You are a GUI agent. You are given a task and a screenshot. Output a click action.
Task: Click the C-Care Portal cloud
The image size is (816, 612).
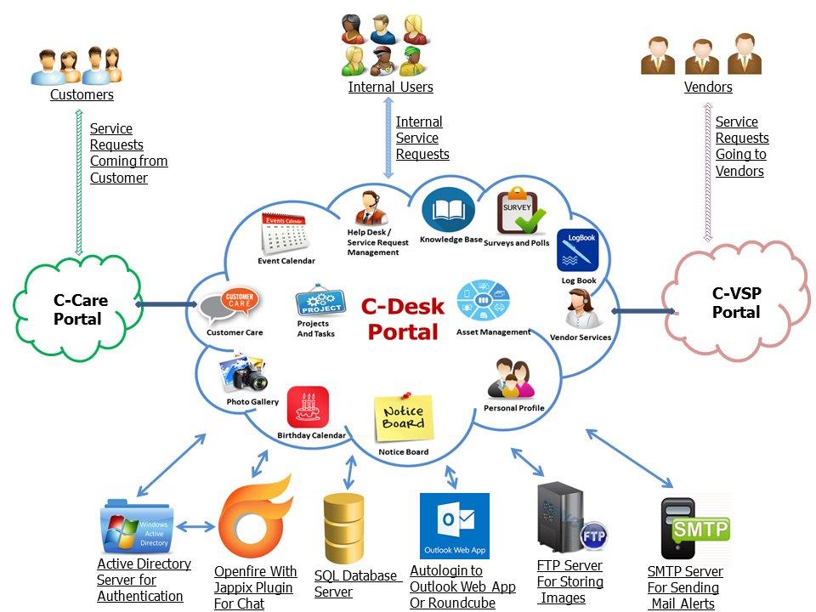coord(77,309)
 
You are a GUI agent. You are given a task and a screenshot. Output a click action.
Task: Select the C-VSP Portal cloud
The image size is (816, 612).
coord(736,303)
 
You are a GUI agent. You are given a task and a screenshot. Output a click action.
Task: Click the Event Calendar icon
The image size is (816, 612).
coord(284,234)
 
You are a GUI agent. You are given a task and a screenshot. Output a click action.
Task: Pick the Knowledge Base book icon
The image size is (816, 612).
coord(449,212)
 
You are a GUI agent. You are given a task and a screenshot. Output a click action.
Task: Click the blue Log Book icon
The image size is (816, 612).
coord(577,252)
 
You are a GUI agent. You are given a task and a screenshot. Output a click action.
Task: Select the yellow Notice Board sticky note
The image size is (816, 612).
coord(404,417)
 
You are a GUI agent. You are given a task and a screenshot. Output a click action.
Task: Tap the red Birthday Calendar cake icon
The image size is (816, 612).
coord(308,408)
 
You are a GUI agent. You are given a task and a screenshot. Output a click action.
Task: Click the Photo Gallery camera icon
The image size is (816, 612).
coord(244,373)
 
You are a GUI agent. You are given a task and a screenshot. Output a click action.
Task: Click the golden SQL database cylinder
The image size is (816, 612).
coord(343,529)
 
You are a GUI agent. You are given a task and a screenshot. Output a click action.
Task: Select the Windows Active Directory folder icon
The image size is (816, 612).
coord(136,527)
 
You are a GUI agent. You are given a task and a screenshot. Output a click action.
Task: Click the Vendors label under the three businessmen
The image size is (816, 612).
coord(708,87)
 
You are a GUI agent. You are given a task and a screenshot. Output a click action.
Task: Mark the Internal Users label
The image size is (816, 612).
coord(390,87)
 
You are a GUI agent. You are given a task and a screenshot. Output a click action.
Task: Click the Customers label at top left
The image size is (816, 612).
coord(82,94)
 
